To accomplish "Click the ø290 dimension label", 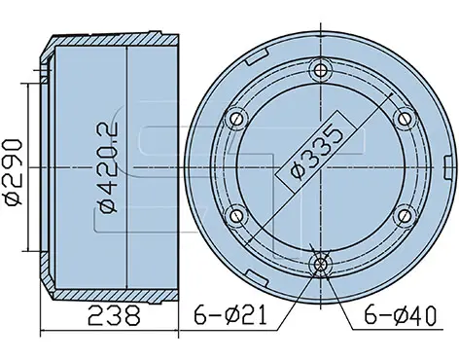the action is tap(13, 172).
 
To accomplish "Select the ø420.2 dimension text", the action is tap(109, 167).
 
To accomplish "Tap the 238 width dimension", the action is tap(114, 315).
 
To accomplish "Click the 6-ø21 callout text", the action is tap(230, 315).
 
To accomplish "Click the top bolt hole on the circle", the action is tap(321, 69).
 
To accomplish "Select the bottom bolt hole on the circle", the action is tap(321, 265).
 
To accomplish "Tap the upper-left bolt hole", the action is tap(236, 119).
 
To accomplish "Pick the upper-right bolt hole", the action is tap(405, 119).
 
